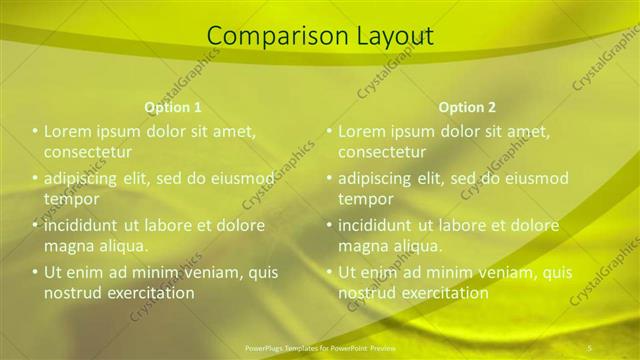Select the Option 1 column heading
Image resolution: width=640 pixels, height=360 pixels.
click(x=173, y=107)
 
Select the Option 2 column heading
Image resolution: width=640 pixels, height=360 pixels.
click(x=467, y=107)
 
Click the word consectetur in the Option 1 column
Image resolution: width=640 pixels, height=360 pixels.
click(x=88, y=152)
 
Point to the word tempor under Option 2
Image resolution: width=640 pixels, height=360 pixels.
click(x=365, y=199)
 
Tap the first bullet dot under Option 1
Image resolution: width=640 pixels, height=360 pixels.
click(x=35, y=131)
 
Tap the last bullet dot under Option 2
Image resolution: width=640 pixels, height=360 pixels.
click(x=329, y=272)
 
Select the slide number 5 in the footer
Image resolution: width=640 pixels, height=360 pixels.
click(x=590, y=347)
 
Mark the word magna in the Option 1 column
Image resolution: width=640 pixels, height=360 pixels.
click(x=68, y=246)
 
